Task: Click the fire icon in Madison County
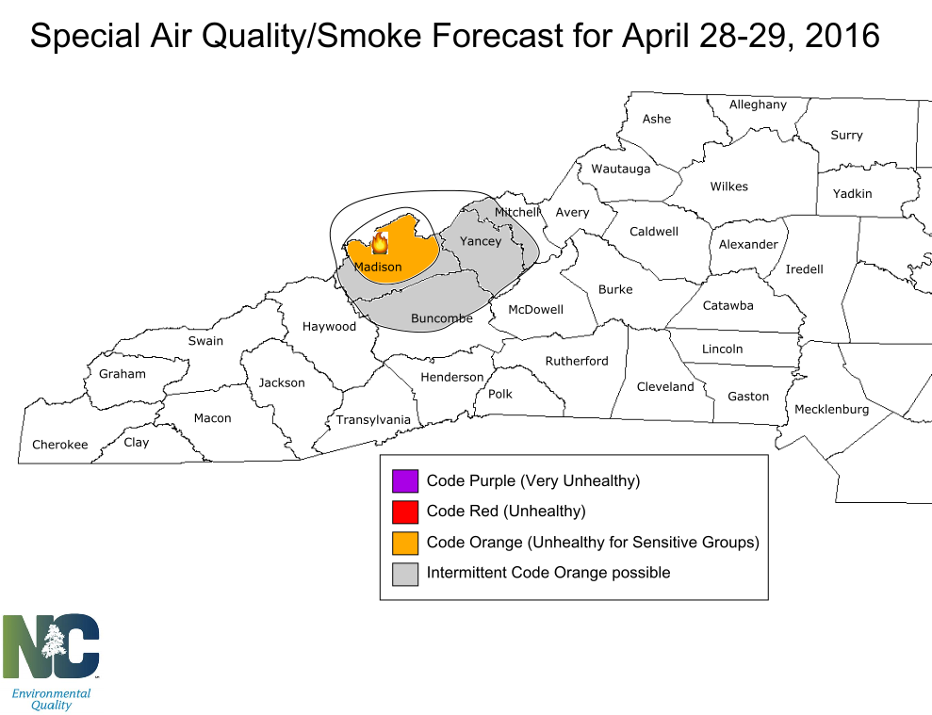click(x=380, y=244)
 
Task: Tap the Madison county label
click(x=378, y=267)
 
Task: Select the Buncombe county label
click(x=442, y=318)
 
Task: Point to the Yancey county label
click(x=481, y=241)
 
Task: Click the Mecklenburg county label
click(x=831, y=409)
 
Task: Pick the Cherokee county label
click(x=60, y=445)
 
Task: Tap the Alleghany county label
click(x=758, y=105)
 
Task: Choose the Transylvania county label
click(x=374, y=419)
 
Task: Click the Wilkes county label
click(x=729, y=187)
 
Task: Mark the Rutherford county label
click(x=577, y=361)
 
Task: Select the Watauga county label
click(x=621, y=169)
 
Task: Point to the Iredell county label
click(x=805, y=268)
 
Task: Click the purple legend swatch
click(x=405, y=480)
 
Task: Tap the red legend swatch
click(x=405, y=512)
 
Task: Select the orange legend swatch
click(x=405, y=543)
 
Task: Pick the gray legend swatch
click(x=405, y=573)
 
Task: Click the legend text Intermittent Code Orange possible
click(x=548, y=573)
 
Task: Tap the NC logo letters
click(x=51, y=646)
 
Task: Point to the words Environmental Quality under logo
click(x=51, y=699)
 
